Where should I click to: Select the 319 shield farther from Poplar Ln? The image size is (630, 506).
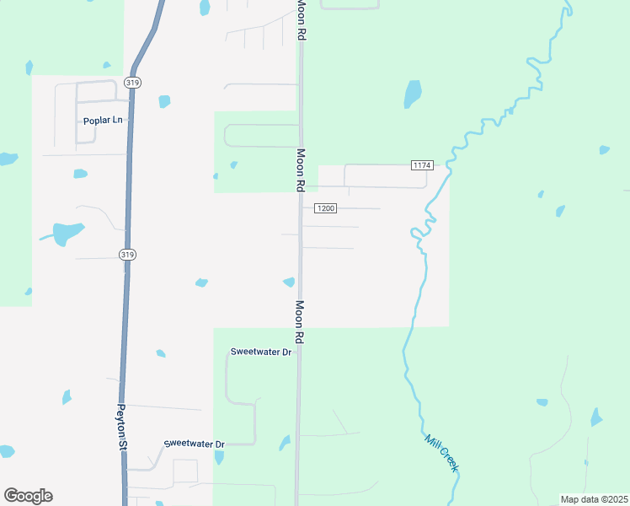127,254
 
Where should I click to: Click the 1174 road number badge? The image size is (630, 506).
422,164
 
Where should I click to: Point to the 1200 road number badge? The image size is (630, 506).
325,208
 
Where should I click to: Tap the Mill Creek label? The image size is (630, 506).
441,453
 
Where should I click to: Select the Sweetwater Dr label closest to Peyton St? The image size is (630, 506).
194,444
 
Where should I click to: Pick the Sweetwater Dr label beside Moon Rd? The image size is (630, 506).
260,352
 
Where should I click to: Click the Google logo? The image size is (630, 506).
28,495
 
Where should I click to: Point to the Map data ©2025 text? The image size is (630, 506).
593,499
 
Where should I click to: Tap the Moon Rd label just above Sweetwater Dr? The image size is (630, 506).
299,321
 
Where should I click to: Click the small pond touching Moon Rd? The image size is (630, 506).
289,282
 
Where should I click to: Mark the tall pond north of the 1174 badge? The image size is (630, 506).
412,93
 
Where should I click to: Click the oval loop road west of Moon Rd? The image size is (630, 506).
261,136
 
